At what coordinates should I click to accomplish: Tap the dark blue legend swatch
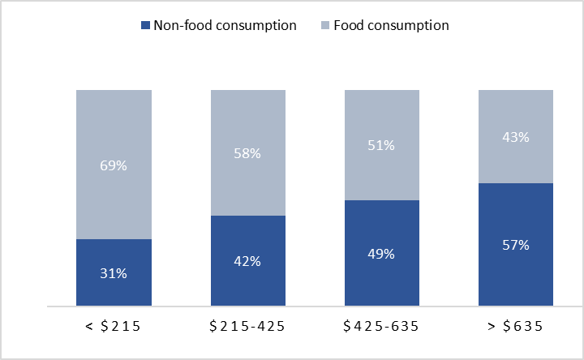pos(146,26)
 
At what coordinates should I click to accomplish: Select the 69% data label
pos(114,165)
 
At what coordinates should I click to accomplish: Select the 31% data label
pos(114,273)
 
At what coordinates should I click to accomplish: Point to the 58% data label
pos(247,153)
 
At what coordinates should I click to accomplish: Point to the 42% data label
pos(247,261)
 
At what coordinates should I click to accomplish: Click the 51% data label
pos(381,145)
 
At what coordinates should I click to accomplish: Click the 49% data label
pos(381,254)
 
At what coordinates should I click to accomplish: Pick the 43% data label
pos(515,137)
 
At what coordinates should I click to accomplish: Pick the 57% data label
pos(515,245)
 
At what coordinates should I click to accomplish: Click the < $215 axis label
pos(114,327)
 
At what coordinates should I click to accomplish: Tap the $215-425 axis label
pos(247,327)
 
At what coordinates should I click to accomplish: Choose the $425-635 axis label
pos(381,327)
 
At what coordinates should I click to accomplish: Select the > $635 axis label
pos(515,327)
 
